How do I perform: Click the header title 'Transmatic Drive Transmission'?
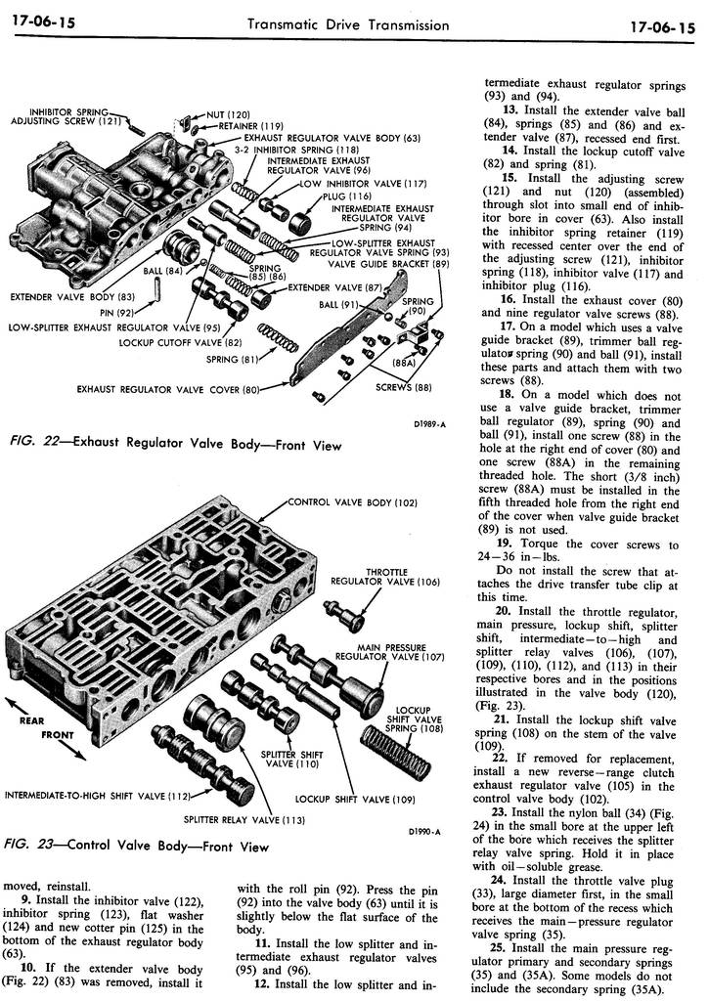pos(348,25)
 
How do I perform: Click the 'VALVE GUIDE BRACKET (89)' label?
pos(388,264)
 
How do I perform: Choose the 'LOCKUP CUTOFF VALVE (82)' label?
pos(180,342)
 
